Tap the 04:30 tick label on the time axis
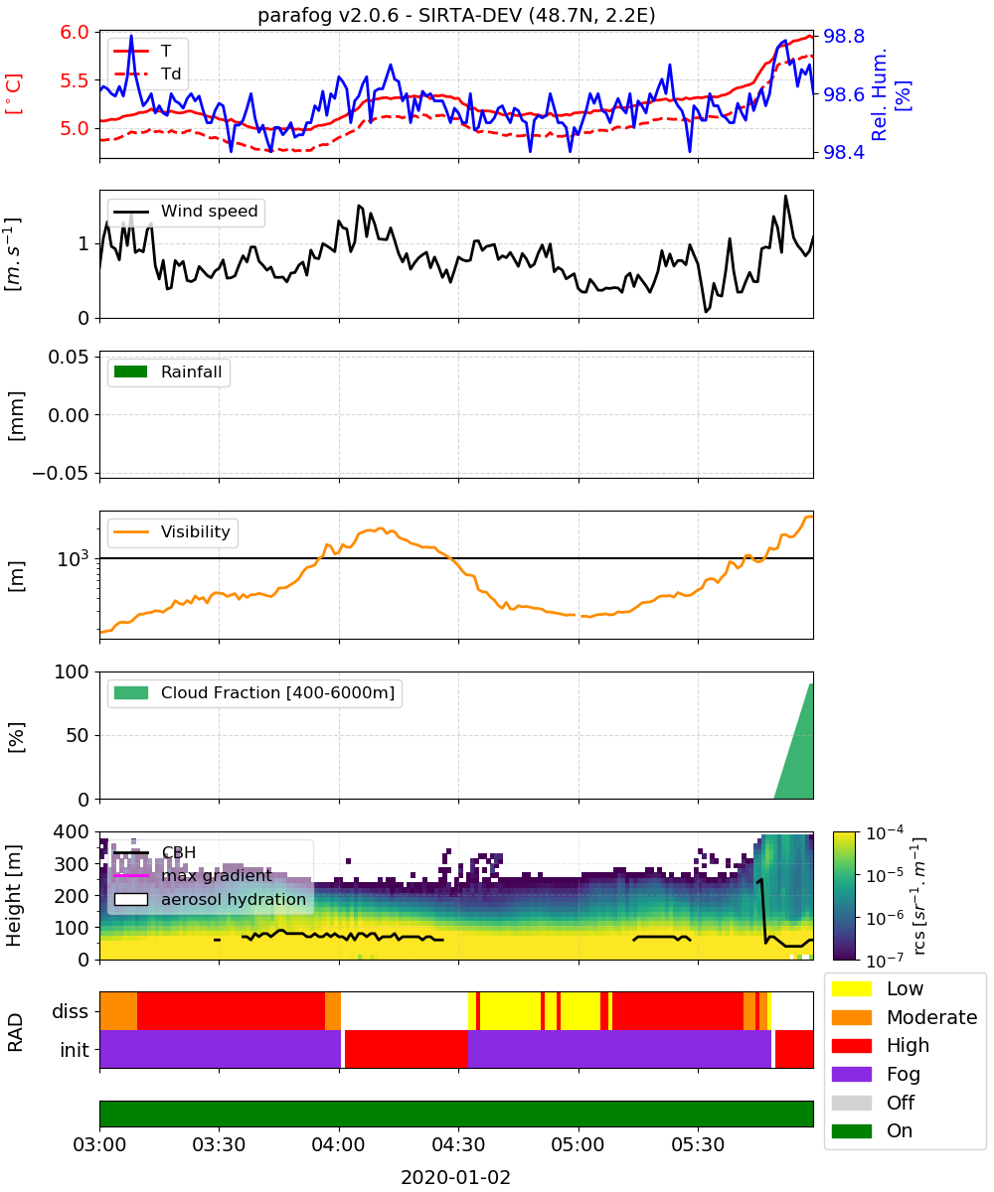tap(458, 1144)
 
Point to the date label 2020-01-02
tap(455, 1177)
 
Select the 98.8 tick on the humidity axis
tap(843, 36)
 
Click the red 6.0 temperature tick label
tap(75, 32)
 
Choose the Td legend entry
tap(147, 74)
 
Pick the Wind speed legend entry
tap(186, 212)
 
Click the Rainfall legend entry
tap(168, 372)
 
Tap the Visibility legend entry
tap(172, 532)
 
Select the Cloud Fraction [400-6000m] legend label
tap(277, 692)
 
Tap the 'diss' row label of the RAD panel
tap(70, 1011)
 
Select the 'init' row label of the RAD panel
tap(75, 1049)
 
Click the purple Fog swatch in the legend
tap(851, 1074)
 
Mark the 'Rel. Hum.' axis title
tap(879, 94)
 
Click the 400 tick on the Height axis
tap(72, 831)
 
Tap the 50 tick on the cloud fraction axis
tap(79, 735)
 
